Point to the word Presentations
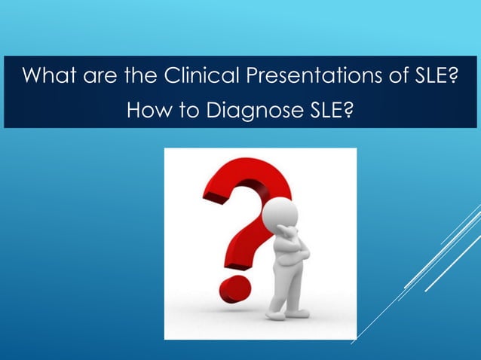point(305,77)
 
